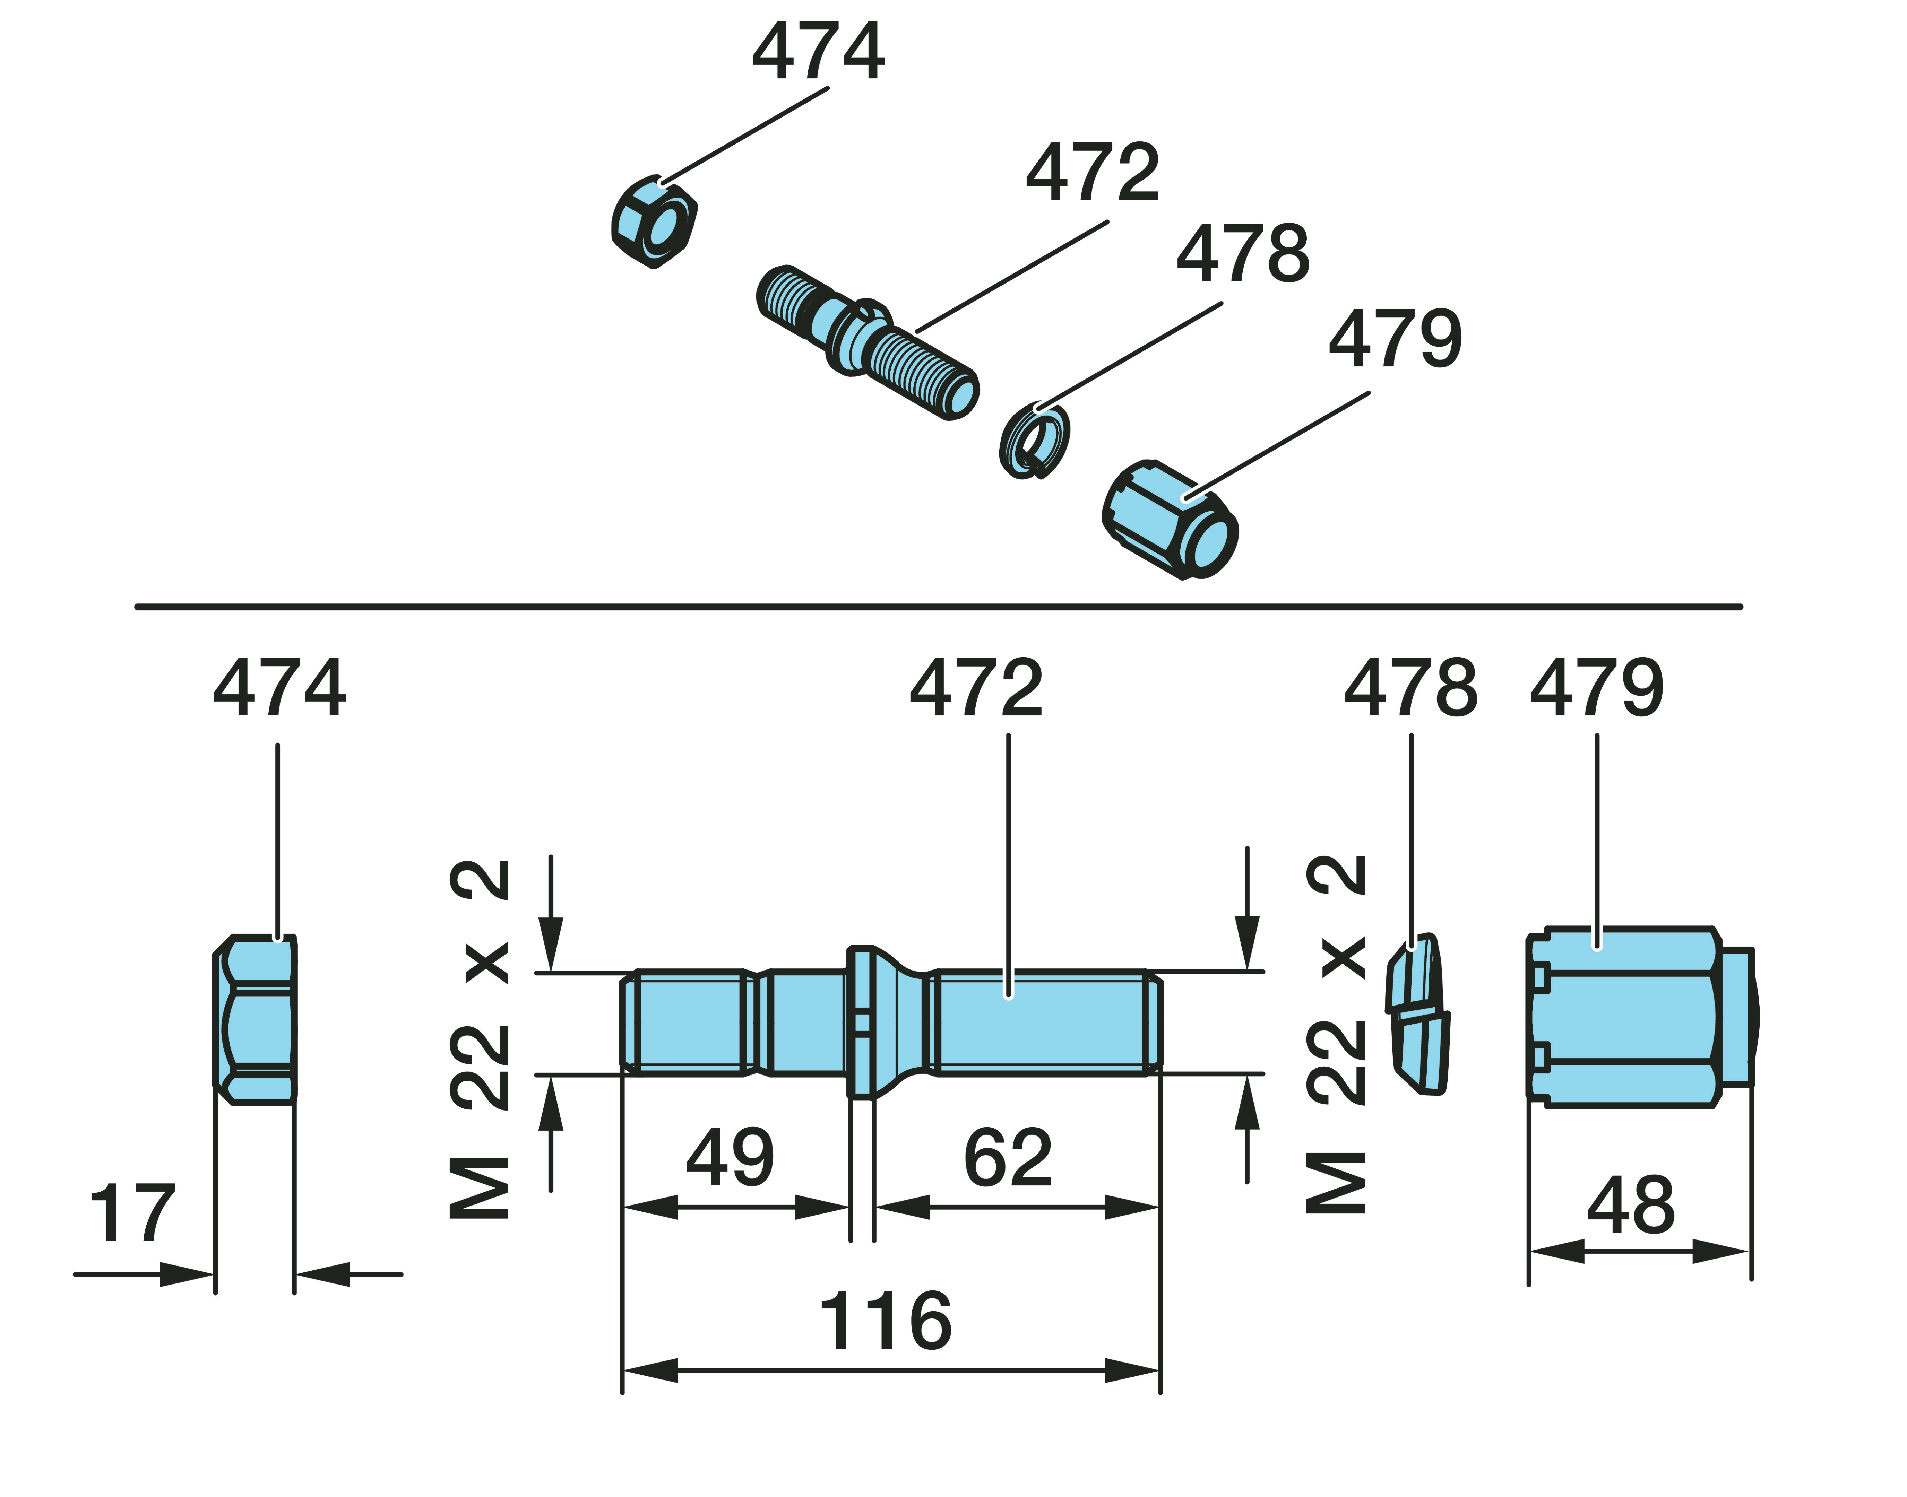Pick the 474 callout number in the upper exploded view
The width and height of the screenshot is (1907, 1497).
(x=818, y=53)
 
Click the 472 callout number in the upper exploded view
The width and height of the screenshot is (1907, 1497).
(x=1093, y=173)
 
